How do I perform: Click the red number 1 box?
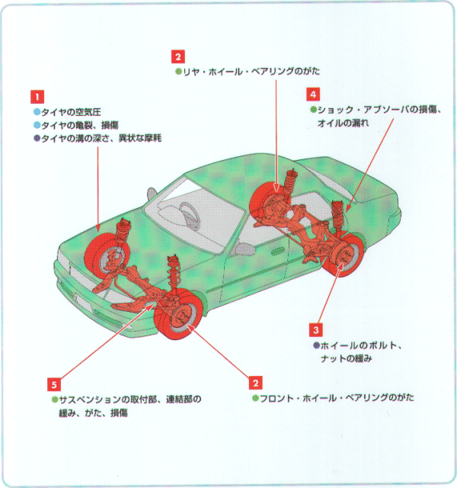coord(36,97)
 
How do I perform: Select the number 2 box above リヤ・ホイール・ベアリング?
coord(177,56)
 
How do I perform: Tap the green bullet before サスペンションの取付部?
coord(53,399)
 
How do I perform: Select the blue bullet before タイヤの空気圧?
coord(35,111)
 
